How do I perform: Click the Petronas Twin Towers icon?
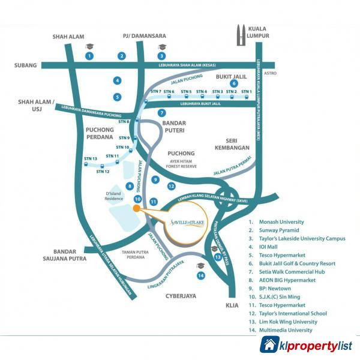pos(241,36)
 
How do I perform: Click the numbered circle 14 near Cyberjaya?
pos(200,275)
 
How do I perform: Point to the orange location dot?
pos(137,208)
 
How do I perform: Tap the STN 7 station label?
pos(156,91)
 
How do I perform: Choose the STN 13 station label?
pos(91,159)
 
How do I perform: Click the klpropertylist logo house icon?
pos(270,345)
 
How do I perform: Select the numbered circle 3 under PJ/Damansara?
pos(161,56)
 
